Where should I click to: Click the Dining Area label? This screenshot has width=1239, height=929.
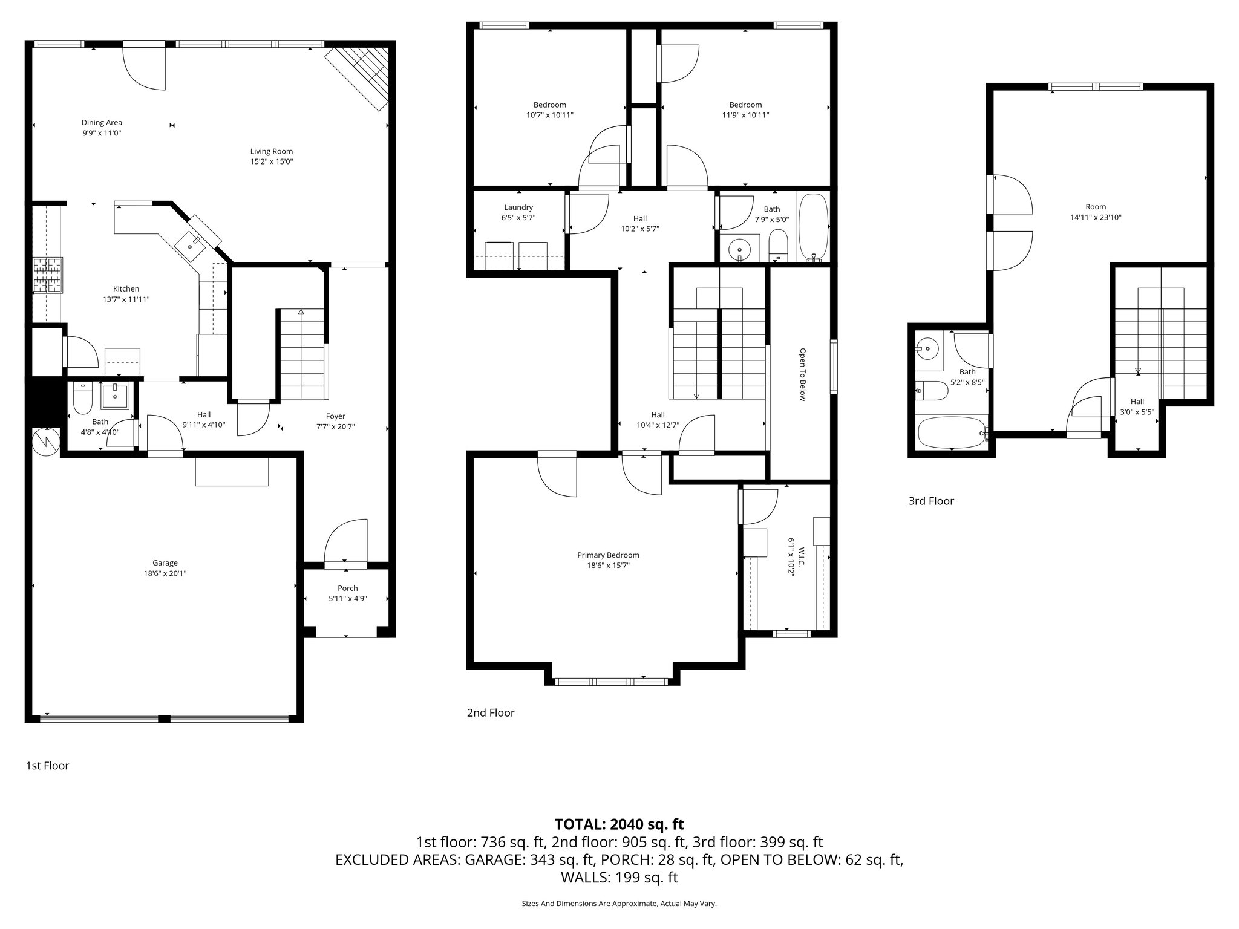click(102, 123)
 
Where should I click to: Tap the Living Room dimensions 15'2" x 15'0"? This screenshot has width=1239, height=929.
click(272, 162)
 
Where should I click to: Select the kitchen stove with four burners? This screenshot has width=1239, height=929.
click(48, 275)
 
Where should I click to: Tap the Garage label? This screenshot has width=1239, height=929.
click(165, 563)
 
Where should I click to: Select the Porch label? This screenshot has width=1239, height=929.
click(347, 588)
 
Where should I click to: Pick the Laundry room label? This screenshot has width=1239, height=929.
click(518, 207)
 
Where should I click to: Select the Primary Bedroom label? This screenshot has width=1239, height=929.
click(608, 555)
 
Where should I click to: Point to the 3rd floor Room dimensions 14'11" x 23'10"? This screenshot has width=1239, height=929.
click(1096, 217)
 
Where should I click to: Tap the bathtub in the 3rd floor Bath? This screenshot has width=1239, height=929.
click(951, 432)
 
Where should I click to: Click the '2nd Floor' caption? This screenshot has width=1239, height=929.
click(491, 713)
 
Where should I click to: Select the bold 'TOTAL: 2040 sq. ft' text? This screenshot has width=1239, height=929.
click(619, 824)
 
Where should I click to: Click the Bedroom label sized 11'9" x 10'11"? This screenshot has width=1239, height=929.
click(745, 105)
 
